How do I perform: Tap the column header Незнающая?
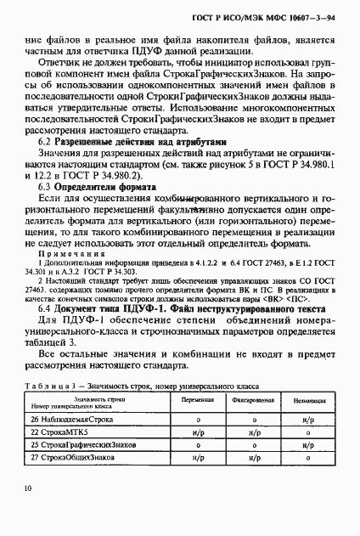tap(309, 400)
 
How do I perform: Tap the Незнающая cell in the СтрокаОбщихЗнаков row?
tap(309, 458)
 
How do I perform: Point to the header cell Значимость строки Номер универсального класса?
tap(93, 400)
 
